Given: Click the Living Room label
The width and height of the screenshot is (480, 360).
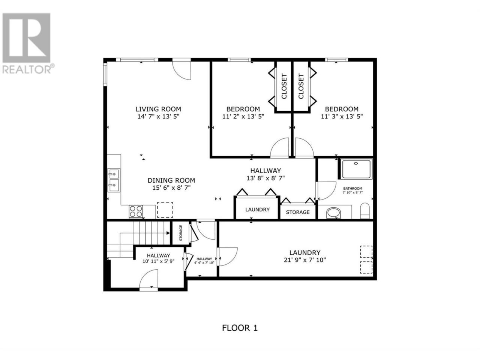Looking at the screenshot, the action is tap(158, 109).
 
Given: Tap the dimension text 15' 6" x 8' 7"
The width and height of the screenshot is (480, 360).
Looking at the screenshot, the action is tap(171, 188).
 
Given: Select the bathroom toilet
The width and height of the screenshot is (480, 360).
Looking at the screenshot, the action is tap(364, 211).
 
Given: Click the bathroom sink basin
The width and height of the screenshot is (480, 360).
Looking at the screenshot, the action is tap(333, 213).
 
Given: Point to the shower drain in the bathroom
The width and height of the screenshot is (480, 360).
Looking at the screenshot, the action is tap(356, 163).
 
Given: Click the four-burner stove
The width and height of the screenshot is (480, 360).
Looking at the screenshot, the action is tap(136, 211).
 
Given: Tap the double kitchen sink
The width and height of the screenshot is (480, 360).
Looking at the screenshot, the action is tap(114, 180).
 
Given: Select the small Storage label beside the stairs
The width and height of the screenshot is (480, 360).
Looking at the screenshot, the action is tap(181, 233).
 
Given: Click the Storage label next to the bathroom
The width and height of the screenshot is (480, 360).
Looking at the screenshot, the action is tap(298, 212).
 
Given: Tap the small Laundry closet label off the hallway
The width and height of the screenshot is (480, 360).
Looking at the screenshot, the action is tap(257, 209).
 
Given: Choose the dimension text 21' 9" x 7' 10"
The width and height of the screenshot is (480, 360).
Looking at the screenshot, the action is tap(305, 260).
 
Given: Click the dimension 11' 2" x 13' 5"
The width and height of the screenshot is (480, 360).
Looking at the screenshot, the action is tap(243, 117).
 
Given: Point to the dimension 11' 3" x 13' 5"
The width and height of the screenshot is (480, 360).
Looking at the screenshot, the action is tap(342, 117).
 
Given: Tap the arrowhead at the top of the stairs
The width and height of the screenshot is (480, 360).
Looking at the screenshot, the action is tap(168, 233).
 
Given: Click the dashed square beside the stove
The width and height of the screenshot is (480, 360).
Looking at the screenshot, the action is tap(165, 210).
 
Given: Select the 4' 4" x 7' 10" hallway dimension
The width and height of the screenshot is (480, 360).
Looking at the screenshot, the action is tap(204, 263).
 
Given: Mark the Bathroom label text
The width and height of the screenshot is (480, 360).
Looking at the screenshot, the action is tap(352, 188).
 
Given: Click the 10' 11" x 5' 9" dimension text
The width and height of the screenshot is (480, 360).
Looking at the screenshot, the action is tap(158, 261).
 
